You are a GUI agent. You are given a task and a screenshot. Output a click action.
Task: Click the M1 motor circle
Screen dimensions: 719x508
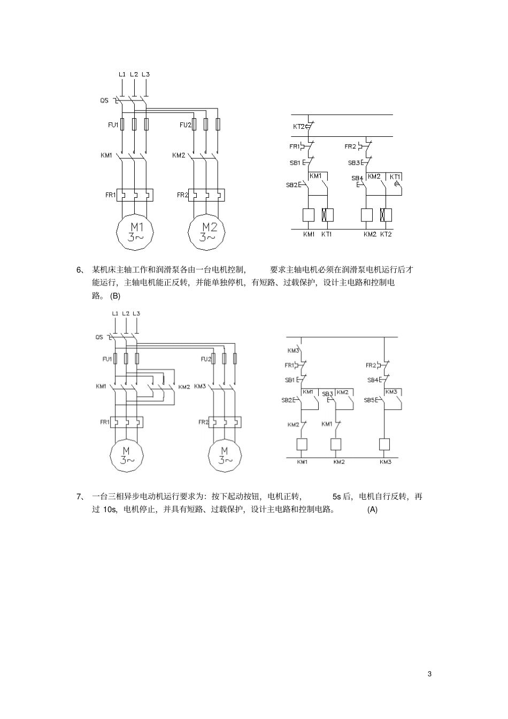click(x=135, y=231)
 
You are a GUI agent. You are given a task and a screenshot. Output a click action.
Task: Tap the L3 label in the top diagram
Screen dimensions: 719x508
click(x=146, y=74)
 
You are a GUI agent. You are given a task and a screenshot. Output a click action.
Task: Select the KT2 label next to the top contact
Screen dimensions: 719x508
click(x=298, y=127)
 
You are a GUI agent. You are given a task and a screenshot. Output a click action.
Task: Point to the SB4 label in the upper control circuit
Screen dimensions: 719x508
click(x=357, y=178)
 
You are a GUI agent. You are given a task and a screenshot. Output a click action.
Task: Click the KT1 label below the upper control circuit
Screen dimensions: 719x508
click(x=327, y=234)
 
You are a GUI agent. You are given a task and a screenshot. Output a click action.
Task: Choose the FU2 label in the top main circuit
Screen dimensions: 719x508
click(x=185, y=125)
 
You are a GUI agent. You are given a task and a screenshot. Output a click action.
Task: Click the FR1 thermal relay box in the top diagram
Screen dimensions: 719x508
click(x=135, y=195)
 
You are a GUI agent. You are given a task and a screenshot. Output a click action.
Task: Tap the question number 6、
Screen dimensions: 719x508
click(x=81, y=269)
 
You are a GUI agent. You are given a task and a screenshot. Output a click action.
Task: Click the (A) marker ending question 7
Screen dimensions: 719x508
click(x=372, y=509)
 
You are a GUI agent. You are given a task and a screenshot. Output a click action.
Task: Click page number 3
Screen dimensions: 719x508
click(x=429, y=674)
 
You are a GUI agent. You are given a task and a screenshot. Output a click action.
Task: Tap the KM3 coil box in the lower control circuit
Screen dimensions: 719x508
click(x=384, y=444)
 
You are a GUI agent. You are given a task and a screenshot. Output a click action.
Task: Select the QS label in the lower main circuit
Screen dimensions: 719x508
click(x=99, y=337)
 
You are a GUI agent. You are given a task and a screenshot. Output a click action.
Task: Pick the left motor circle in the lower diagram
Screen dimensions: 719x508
click(x=127, y=454)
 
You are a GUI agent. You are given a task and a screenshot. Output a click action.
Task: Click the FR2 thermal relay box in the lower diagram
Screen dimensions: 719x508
click(x=224, y=422)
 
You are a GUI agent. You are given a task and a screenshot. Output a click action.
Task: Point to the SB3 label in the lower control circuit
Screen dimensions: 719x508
click(x=327, y=394)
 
